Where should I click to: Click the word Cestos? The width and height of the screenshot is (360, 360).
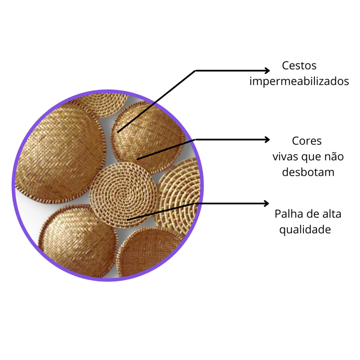[x=299, y=66]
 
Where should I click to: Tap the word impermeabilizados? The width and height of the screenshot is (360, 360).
[x=299, y=81]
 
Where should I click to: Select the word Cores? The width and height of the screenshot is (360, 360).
[x=307, y=141]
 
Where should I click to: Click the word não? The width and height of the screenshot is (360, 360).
[x=334, y=156]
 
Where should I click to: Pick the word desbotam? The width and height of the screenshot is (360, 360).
[x=308, y=172]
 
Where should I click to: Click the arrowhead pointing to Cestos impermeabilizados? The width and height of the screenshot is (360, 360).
[x=267, y=70]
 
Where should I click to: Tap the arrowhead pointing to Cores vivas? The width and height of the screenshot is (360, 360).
[x=267, y=139]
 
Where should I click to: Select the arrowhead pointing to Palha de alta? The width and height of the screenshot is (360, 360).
[x=266, y=204]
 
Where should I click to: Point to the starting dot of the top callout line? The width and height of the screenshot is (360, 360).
[x=118, y=132]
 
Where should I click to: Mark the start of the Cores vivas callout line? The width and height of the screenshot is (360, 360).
[x=137, y=159]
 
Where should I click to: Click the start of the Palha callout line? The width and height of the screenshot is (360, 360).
[x=128, y=220]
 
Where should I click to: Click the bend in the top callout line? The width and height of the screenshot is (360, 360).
[x=195, y=70]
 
